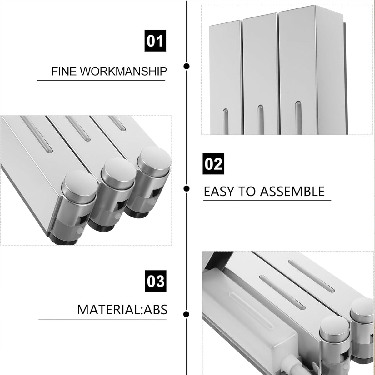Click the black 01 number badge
pos(155,41)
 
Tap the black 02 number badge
pos(213,164)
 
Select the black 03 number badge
pos(156,281)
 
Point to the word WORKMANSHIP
pos(123,71)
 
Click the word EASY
pos(218,192)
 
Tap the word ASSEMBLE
pos(292,192)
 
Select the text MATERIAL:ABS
pos(122,310)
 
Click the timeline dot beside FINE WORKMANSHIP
pos(187,66)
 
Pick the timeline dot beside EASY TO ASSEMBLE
pos(187,188)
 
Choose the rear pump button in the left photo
pos(154,157)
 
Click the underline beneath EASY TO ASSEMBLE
pos(267,200)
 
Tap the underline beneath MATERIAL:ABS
pos(102,320)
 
